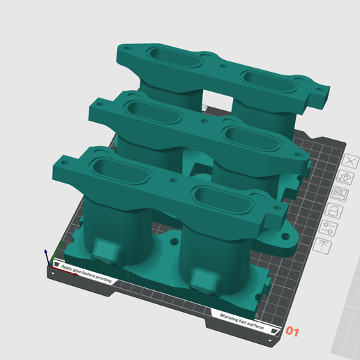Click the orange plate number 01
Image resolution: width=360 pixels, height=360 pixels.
(292, 331)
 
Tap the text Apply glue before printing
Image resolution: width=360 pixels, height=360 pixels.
(86, 273)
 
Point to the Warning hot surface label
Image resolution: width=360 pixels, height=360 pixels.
(242, 322)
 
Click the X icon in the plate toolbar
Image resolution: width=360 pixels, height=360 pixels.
(350, 161)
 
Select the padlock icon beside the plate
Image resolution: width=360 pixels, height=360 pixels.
(334, 211)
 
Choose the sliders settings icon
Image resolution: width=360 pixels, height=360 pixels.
(328, 228)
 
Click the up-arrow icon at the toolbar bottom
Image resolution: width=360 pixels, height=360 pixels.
(322, 246)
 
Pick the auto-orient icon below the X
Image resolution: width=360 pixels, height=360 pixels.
(345, 177)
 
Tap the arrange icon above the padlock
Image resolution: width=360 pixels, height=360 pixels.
(340, 194)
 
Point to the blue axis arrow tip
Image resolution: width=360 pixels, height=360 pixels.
(45, 250)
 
